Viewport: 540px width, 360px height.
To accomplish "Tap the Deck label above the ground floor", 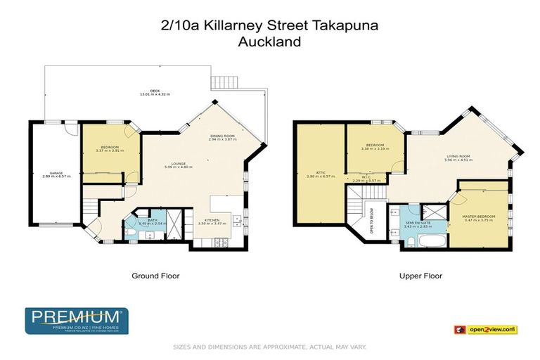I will [145, 91].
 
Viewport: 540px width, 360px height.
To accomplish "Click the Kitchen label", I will [212, 220].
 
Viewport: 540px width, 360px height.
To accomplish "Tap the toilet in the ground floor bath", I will [131, 232].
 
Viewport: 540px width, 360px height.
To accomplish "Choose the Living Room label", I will [458, 156].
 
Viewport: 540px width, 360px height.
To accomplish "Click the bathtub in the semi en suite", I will [429, 243].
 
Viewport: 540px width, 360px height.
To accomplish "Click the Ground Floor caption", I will [155, 276].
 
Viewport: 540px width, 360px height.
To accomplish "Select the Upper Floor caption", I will [420, 276].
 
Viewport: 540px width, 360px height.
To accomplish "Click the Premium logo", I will [75, 321].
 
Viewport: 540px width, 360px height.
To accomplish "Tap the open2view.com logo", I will [491, 329].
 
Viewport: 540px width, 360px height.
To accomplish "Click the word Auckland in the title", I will [269, 41].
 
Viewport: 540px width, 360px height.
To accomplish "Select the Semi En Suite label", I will [418, 223].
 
